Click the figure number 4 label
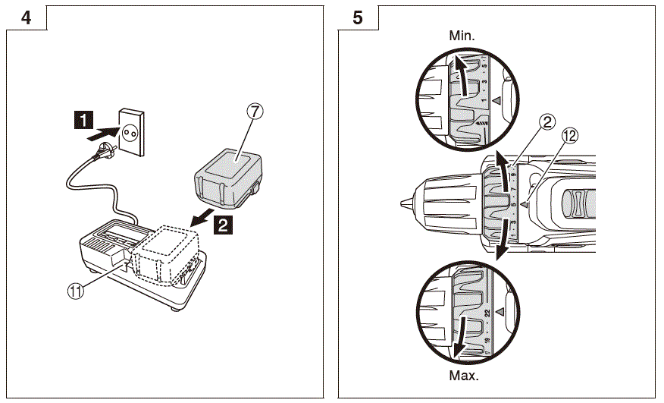click(x=27, y=18)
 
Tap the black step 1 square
click(x=84, y=119)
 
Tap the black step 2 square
click(x=220, y=224)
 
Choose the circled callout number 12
click(x=570, y=136)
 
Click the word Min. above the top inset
click(x=462, y=35)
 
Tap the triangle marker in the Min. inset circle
click(x=497, y=100)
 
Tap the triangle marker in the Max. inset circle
click(x=497, y=312)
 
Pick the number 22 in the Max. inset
click(x=486, y=312)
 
